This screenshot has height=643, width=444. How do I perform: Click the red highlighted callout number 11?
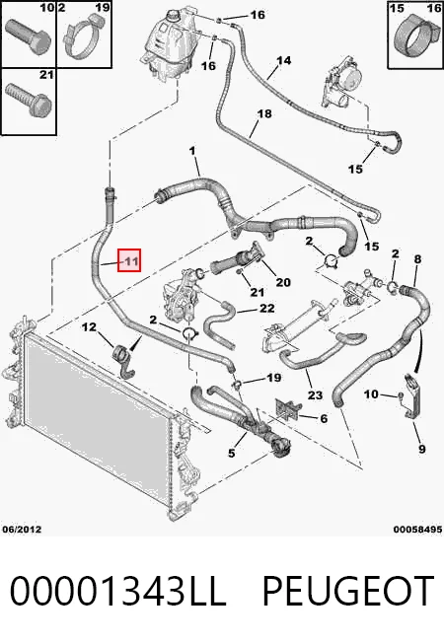tap(129, 260)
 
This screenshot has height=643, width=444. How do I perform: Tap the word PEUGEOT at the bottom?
tap(347, 591)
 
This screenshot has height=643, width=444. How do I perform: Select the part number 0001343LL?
tap(117, 591)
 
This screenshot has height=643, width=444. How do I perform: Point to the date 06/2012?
tap(22, 529)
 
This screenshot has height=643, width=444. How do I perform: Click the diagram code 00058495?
tap(417, 530)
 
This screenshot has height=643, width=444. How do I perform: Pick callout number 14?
tap(283, 61)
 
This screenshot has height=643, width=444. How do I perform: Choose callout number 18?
tap(264, 113)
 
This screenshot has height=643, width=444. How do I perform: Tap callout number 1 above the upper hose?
tap(192, 151)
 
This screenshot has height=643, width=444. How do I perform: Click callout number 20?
tap(283, 282)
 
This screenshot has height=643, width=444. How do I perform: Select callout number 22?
tap(266, 308)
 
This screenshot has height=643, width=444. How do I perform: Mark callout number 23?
tap(315, 395)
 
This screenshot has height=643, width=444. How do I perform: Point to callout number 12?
tap(89, 326)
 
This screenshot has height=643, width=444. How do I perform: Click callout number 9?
tap(422, 449)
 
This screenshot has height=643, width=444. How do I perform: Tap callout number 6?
tap(324, 418)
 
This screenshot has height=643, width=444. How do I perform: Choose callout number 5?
tap(232, 453)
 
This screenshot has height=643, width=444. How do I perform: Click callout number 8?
tap(417, 259)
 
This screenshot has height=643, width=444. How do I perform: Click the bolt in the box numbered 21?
tap(29, 100)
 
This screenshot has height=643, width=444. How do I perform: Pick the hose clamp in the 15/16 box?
tap(413, 39)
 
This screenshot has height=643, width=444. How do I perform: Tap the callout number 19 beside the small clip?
tap(273, 378)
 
